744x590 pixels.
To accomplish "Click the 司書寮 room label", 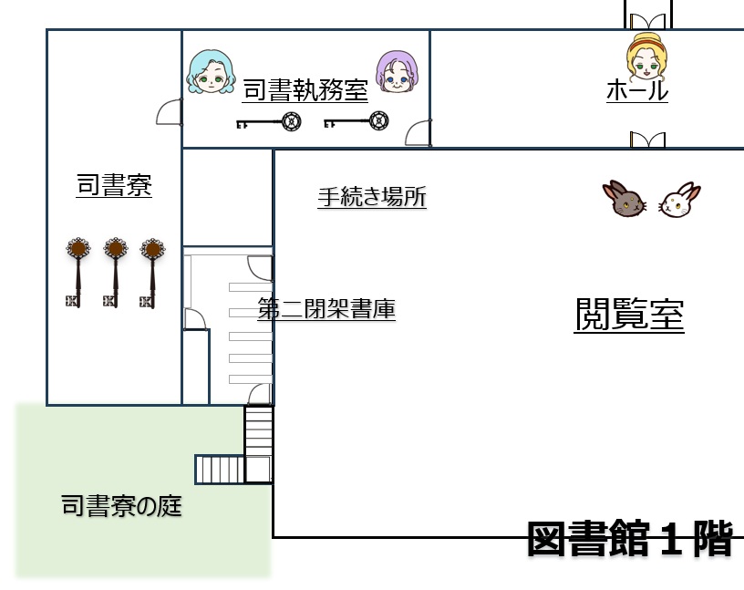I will [114, 186].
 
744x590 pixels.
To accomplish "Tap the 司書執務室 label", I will [305, 91].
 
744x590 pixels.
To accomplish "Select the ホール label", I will [637, 91].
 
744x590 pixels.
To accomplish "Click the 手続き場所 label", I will [371, 197].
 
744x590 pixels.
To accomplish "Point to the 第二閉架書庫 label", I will [325, 309].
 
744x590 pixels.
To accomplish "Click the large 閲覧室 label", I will [629, 315].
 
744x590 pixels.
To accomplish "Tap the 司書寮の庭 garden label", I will [121, 505].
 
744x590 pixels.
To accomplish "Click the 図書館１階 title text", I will [630, 538].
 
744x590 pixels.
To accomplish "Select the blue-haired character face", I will [209, 72].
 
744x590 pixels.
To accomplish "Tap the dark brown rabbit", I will [625, 200].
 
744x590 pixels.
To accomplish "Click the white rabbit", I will [679, 200].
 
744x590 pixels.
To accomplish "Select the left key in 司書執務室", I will [270, 121].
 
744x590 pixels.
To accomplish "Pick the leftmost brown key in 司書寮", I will [77, 271].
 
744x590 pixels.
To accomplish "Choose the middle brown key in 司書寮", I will [114, 271].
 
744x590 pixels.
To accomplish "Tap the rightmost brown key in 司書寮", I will [151, 271].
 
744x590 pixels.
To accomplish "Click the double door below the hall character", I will [647, 140].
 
